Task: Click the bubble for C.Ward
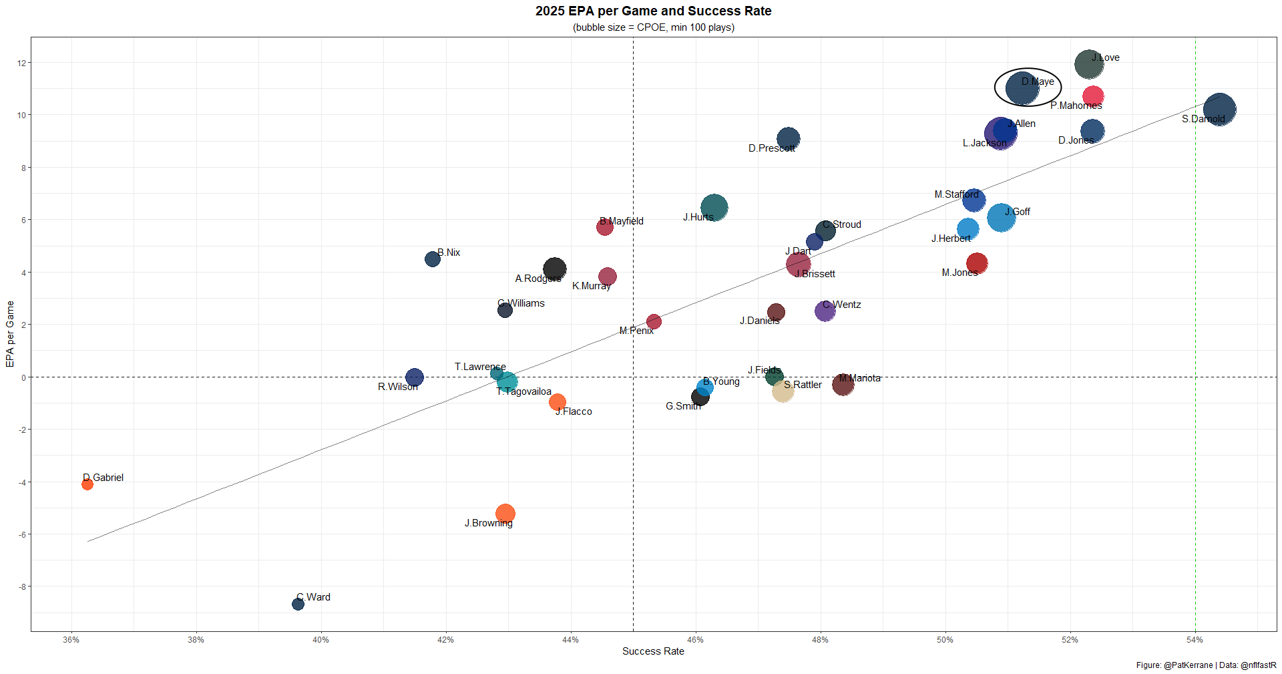[x=298, y=604]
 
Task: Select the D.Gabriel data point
[x=87, y=484]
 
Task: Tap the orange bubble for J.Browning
[x=505, y=514]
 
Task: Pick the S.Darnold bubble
[x=1219, y=110]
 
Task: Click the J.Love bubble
[x=1088, y=65]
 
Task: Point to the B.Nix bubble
[x=433, y=259]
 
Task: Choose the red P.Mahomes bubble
[x=1093, y=96]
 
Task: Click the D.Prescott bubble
[x=789, y=139]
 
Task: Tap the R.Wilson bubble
[x=414, y=377]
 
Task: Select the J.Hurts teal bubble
[x=714, y=208]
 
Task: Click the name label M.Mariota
[x=859, y=378]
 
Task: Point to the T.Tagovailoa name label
[x=524, y=391]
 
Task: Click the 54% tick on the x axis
[x=1195, y=640]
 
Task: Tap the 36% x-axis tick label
[x=71, y=640]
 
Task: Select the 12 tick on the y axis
[x=22, y=63]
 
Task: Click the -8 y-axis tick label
[x=22, y=587]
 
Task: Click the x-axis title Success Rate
[x=653, y=651]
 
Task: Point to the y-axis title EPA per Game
[x=10, y=334]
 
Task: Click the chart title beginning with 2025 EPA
[x=653, y=11]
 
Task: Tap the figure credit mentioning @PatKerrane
[x=1206, y=665]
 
